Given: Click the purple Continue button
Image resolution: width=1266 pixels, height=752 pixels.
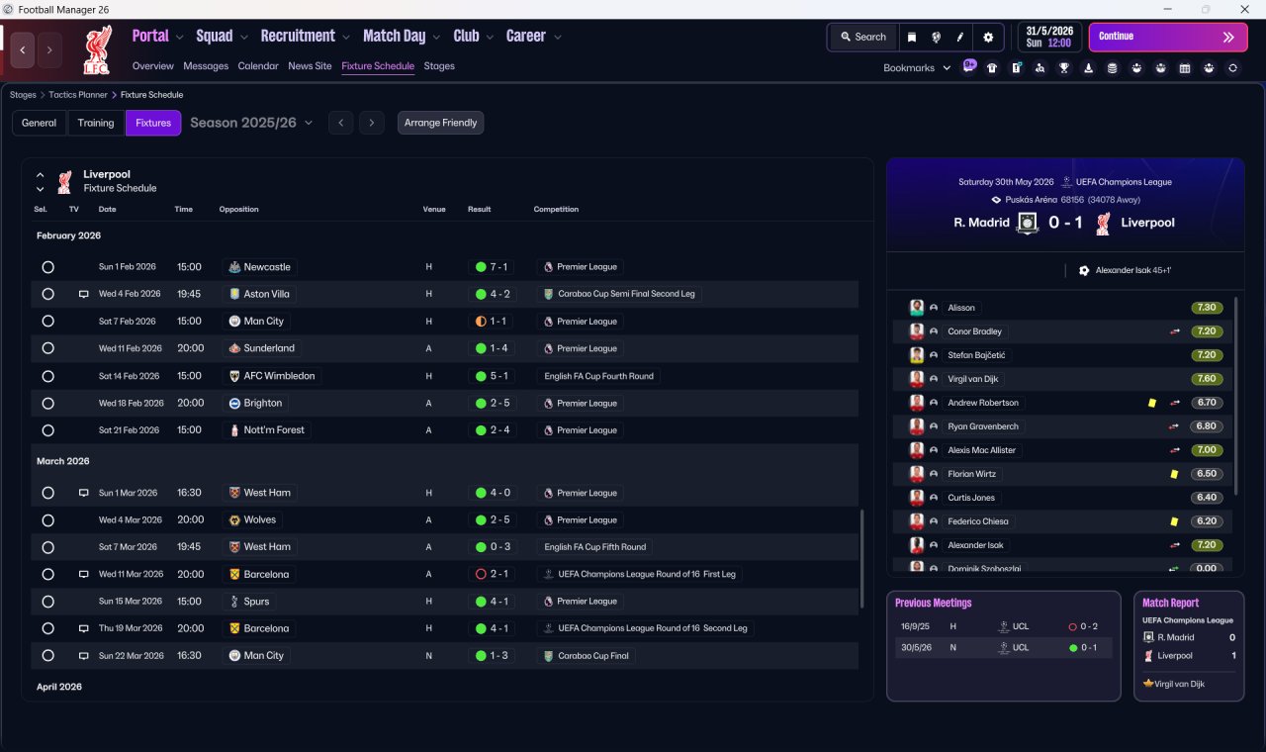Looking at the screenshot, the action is [1168, 37].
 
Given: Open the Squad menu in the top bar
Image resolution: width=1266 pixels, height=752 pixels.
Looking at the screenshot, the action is [215, 37].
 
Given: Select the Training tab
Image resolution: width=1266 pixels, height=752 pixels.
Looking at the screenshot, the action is [96, 123].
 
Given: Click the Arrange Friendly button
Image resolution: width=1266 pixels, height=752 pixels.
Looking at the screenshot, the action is [440, 123].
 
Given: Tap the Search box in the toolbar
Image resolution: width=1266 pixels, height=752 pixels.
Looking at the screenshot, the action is [863, 37].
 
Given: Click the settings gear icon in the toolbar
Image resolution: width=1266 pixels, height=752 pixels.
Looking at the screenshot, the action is [988, 38].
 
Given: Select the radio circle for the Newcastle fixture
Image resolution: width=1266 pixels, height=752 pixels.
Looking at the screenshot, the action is [48, 267].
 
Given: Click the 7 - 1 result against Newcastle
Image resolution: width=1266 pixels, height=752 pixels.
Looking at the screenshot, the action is [492, 267].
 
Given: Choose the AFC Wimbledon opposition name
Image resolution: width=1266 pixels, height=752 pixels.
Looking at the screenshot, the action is [279, 376].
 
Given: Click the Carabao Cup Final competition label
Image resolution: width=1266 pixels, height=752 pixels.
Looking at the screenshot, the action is [592, 656].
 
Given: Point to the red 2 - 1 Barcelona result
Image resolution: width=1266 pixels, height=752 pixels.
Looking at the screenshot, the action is [492, 574].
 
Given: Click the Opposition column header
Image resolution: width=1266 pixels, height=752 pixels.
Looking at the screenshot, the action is [238, 209].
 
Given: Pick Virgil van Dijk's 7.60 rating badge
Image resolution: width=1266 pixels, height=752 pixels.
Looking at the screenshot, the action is [1206, 379].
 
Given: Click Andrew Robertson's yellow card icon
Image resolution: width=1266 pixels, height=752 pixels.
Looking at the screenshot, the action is [1152, 403].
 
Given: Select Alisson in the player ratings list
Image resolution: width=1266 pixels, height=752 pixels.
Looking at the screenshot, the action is [960, 308].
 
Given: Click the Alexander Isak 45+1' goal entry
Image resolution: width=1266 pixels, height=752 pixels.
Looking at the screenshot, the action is [1132, 270].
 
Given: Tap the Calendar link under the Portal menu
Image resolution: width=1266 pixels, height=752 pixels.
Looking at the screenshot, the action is [258, 66].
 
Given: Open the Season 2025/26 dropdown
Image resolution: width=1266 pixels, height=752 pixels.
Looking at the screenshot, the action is [251, 123].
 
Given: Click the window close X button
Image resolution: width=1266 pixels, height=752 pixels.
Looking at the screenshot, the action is [1244, 9].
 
